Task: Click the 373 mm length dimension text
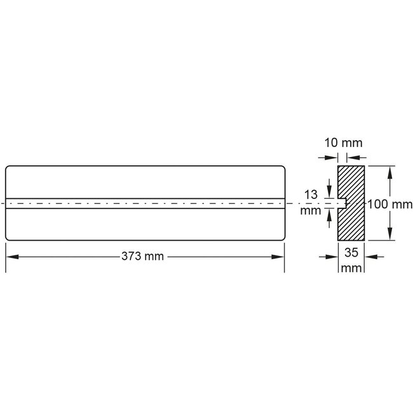point(143,257)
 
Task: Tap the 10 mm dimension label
point(344,143)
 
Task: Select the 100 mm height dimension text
point(389,204)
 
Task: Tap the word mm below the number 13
point(311,211)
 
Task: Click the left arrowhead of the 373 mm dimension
point(11,257)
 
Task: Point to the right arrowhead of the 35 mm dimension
point(370,257)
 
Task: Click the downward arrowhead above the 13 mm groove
point(329,194)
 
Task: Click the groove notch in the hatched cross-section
point(341,203)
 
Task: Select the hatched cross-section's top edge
point(350,166)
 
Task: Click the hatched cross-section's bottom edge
point(350,241)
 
